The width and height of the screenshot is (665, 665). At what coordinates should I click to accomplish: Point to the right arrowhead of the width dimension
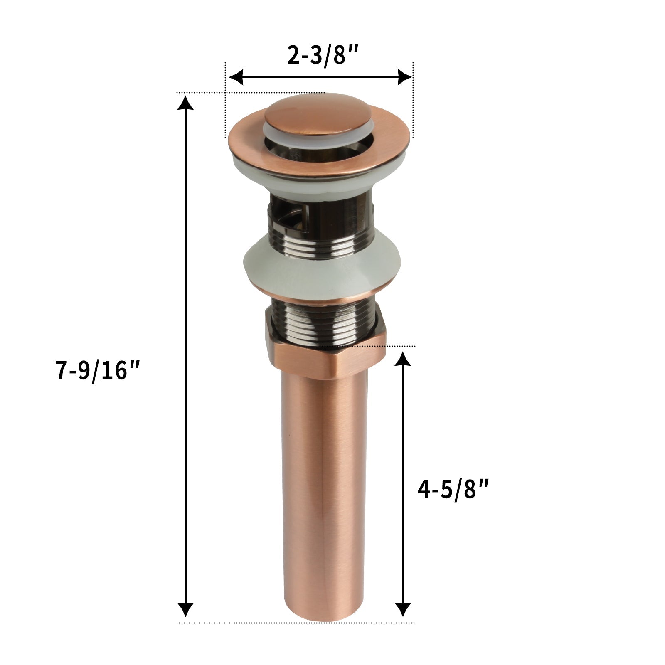pyautogui.click(x=405, y=77)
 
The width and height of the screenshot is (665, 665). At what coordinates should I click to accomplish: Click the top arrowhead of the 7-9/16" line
pyautogui.click(x=185, y=102)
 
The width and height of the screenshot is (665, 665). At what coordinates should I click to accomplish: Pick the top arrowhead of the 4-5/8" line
pyautogui.click(x=402, y=358)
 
